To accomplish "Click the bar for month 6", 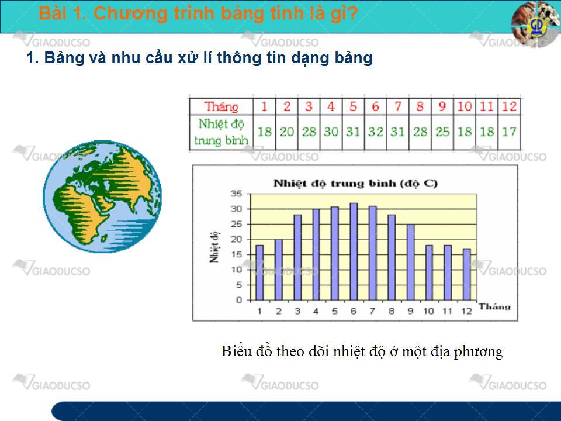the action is [x=354, y=251].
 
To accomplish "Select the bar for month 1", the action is [x=259, y=272].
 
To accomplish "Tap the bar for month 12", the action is [x=466, y=274].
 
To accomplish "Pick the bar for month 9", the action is [x=410, y=262].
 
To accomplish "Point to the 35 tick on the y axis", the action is [x=237, y=194].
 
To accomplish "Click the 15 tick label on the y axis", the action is [x=237, y=254].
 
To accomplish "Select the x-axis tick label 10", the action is [x=428, y=311].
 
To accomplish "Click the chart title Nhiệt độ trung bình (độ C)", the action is [x=355, y=183].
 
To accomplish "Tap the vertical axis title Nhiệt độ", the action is [x=214, y=247].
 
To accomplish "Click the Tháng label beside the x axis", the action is [x=495, y=307].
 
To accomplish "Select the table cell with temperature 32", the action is [x=376, y=132].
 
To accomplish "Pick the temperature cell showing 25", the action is [x=442, y=132].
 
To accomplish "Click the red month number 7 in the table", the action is [x=398, y=106].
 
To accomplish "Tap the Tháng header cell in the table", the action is [x=221, y=106].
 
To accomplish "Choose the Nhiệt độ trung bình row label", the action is [x=221, y=132].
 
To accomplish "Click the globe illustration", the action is [x=102, y=196].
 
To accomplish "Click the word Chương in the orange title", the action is [x=131, y=13].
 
